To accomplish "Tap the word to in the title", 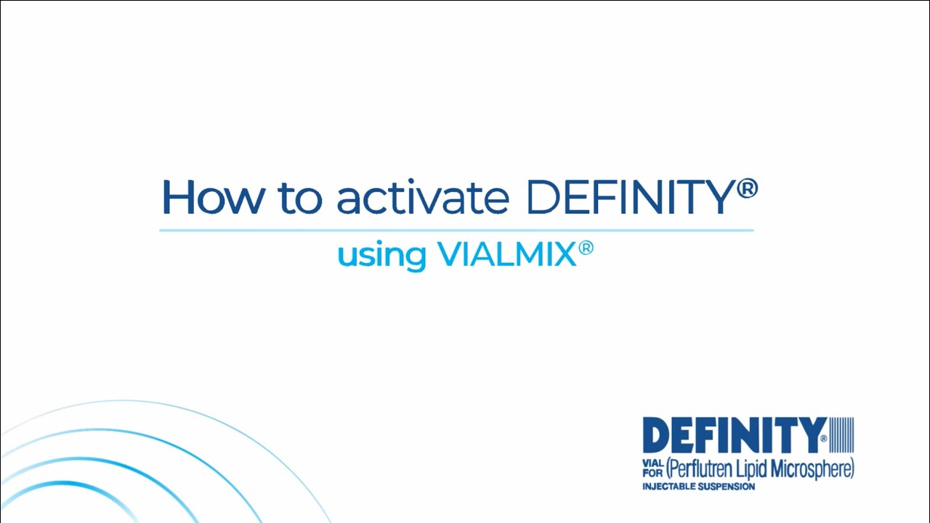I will [x=299, y=198].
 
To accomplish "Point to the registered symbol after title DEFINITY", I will [x=747, y=189].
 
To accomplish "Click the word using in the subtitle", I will [x=381, y=255].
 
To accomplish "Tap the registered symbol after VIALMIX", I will [x=586, y=249].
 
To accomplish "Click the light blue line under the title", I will [x=456, y=230].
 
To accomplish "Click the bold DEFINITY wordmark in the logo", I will [x=734, y=435].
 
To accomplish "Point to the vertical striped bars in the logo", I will [x=841, y=435].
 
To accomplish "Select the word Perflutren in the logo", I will [x=703, y=469].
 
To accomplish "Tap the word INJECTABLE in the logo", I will [x=669, y=487].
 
